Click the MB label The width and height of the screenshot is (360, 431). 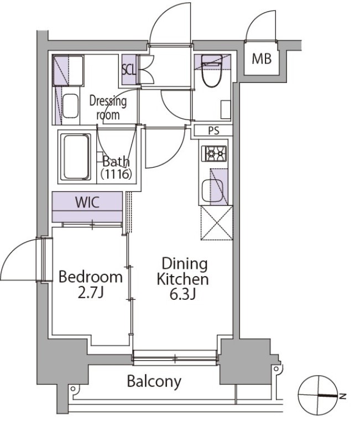click(262, 59)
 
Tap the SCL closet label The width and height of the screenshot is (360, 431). click(129, 70)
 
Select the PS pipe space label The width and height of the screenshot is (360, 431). click(213, 131)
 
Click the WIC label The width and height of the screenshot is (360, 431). click(87, 202)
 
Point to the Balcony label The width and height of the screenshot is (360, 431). click(154, 381)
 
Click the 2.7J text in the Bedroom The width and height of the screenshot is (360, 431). click(90, 294)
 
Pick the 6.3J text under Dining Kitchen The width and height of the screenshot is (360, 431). click(182, 295)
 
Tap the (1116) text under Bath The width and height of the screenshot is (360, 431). click(116, 174)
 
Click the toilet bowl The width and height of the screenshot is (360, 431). click(212, 71)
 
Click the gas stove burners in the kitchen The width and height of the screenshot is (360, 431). click(215, 154)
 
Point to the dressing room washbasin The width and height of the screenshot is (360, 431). click(70, 106)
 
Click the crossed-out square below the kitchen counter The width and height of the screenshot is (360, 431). click(217, 223)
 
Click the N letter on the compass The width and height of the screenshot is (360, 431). click(342, 396)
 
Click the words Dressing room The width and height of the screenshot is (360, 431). click(108, 108)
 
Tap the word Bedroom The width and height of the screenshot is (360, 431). click(90, 277)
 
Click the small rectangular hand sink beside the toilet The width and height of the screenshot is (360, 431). click(226, 110)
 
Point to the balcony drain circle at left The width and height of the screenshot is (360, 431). click(73, 388)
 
